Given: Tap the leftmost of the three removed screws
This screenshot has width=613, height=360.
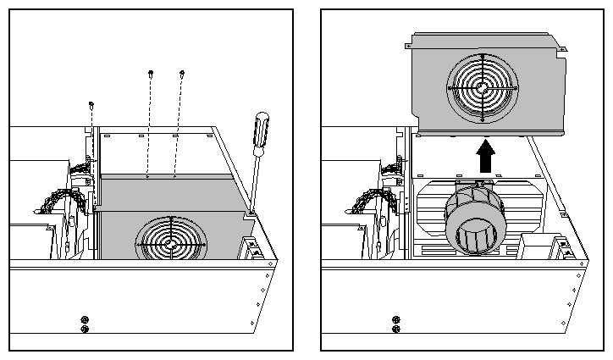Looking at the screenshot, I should (x=91, y=104).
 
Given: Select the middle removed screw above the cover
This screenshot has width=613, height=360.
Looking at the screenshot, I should (x=151, y=72).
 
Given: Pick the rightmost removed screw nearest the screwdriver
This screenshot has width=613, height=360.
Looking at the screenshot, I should (x=181, y=74).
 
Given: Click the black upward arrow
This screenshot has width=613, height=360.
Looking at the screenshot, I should (x=485, y=155).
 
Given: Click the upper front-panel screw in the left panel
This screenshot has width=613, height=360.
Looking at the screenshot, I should (x=84, y=319).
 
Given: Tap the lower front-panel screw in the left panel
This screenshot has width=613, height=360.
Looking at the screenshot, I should (x=84, y=329).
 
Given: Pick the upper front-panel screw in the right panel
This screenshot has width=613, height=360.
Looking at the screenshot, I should (x=396, y=319).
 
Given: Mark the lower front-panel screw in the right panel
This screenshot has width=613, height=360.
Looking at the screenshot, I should (x=396, y=329).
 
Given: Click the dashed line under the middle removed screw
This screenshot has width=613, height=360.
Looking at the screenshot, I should (x=149, y=127).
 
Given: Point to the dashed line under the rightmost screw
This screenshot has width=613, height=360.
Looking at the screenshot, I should (x=179, y=127).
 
